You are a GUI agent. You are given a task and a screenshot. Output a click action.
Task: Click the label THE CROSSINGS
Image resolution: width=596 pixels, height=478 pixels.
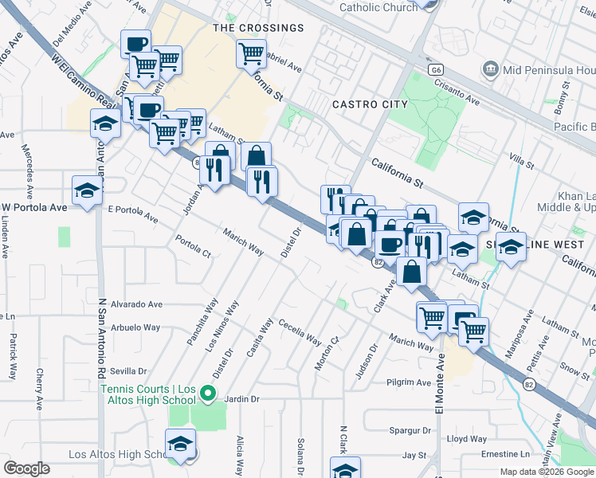(259, 28)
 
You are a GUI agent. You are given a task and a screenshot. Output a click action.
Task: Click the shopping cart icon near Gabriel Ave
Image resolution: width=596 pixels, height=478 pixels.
(251, 54)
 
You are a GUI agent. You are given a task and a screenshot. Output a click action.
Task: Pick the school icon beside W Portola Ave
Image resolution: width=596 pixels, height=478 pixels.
(87, 190)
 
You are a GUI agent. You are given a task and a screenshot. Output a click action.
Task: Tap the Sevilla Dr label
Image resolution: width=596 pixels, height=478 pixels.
(129, 371)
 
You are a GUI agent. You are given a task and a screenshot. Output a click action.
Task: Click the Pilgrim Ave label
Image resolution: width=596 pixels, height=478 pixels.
(410, 382)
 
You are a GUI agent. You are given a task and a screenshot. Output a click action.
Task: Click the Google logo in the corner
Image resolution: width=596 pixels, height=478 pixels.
(26, 468)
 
